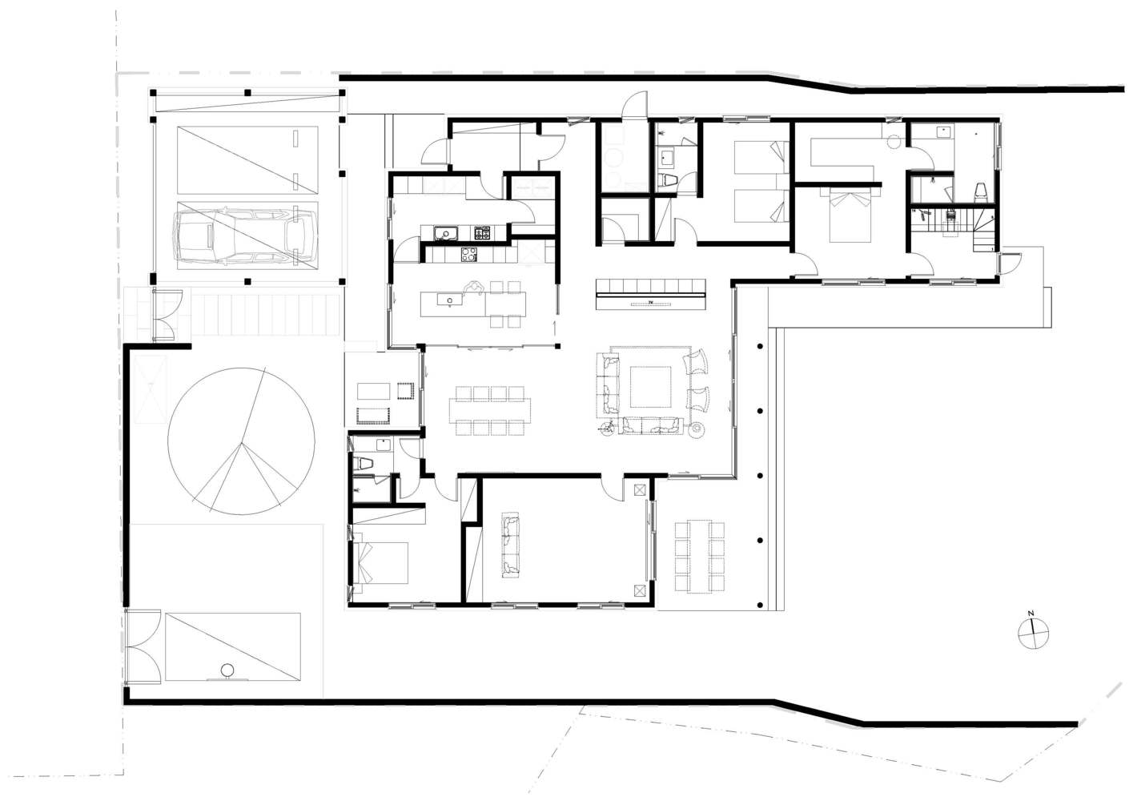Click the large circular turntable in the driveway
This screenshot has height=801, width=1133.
click(240, 440)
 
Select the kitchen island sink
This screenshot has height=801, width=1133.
click(450, 301)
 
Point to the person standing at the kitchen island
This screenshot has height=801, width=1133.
click(476, 287)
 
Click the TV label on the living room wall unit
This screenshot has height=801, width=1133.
click(651, 302)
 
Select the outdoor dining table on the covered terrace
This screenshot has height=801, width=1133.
click(701, 556)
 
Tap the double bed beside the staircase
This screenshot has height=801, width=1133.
click(849, 215)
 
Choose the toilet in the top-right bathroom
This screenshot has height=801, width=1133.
click(979, 191)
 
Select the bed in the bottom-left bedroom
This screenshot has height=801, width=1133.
click(380, 562)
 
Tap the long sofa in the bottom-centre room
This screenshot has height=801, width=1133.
click(509, 546)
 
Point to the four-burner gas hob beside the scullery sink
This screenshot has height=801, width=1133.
click(483, 233)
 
